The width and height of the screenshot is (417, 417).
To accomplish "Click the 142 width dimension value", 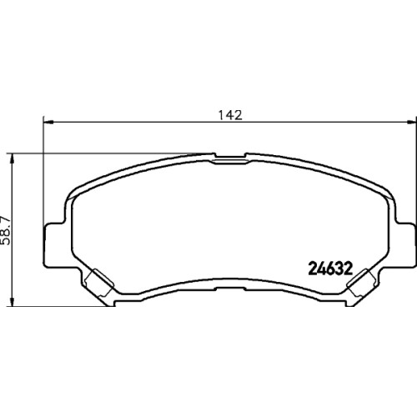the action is coord(230,115).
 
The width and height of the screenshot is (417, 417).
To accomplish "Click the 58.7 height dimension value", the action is coord(6,229).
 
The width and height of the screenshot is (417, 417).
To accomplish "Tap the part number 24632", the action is coord(330,269).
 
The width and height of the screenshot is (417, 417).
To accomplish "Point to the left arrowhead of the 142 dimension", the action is coord(48,122).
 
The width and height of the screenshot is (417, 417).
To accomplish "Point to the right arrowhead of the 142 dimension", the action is coord(412,122).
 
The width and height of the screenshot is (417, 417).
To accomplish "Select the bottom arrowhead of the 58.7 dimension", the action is coord(12,302).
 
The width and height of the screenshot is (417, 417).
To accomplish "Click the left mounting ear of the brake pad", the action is coord(54,245).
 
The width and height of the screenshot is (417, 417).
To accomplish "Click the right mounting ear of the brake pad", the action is coord(406,245).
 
